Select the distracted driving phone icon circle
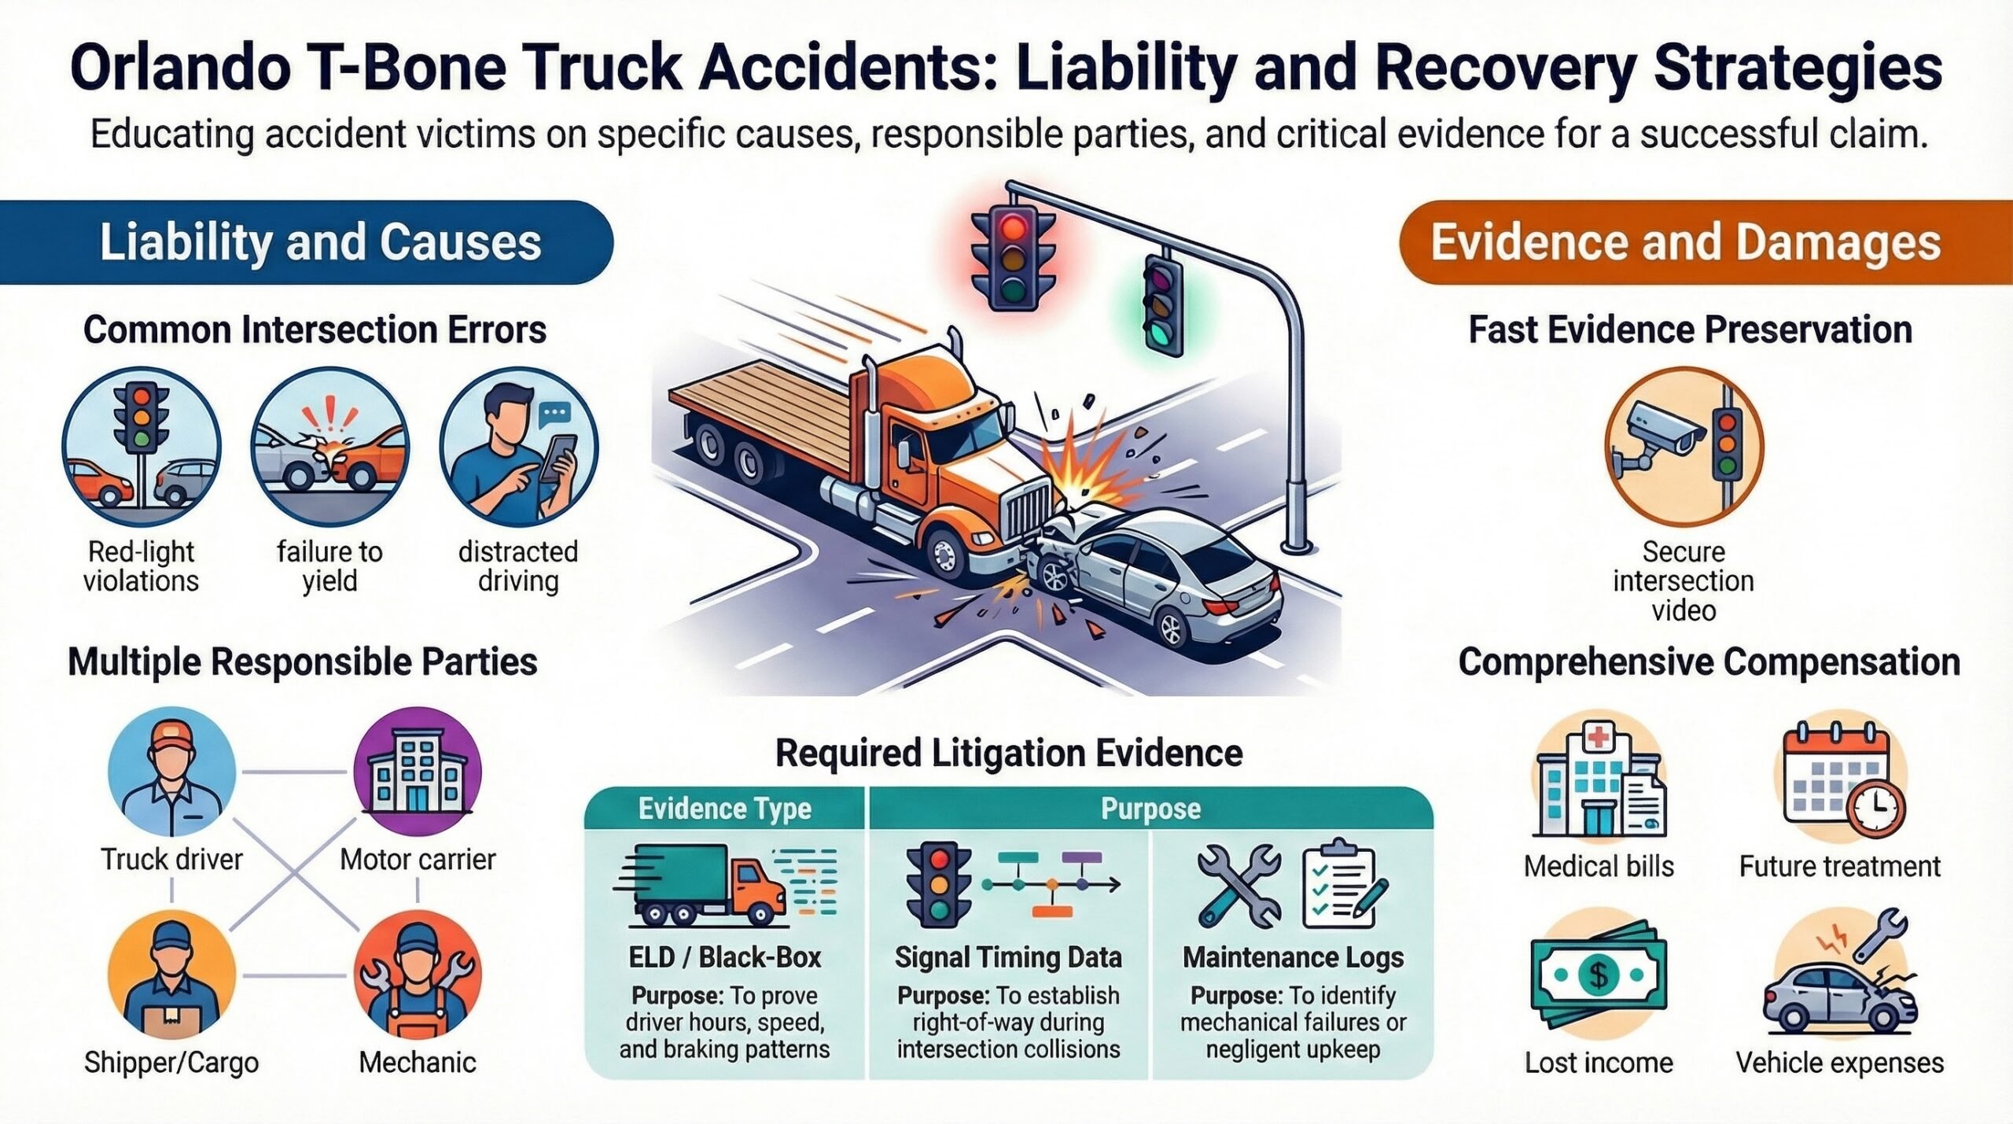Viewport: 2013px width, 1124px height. click(519, 447)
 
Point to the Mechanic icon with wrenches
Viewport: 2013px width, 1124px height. click(418, 975)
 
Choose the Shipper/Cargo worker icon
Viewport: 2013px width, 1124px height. click(172, 975)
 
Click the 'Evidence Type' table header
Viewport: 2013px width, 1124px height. click(724, 809)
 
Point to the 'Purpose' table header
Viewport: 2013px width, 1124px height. click(1150, 809)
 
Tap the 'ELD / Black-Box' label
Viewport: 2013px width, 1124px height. click(724, 957)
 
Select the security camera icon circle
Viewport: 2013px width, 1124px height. click(1684, 447)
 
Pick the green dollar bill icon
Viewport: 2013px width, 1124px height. click(1599, 976)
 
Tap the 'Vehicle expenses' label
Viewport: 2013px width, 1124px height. click(1840, 1063)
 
